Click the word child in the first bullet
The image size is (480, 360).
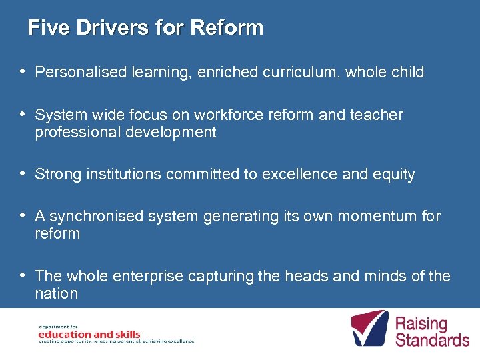(407, 72)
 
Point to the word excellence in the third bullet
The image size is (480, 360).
(293, 175)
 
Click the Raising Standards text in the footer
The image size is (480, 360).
(432, 332)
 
